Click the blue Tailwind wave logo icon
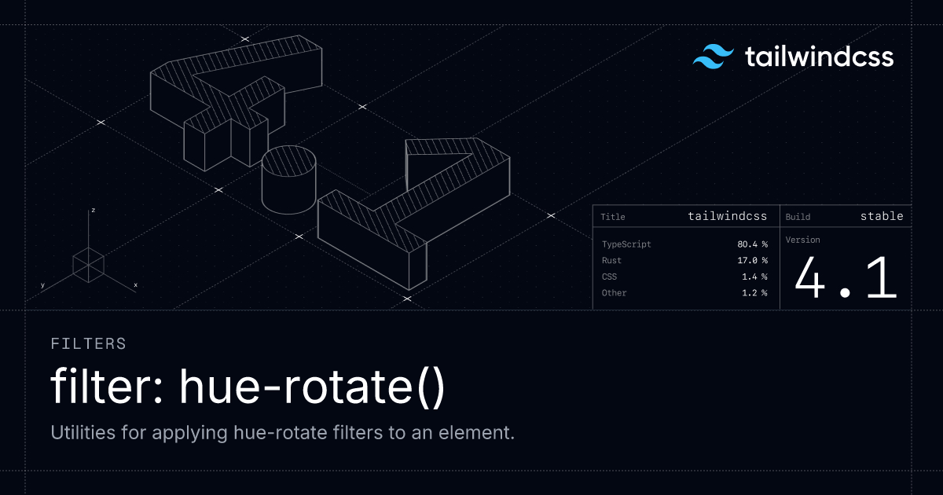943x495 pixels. coord(714,57)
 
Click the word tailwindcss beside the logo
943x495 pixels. coord(819,57)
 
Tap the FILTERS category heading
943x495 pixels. coord(88,344)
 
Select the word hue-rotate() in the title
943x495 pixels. coord(312,387)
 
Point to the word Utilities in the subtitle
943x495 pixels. coord(83,432)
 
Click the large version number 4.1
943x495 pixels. coord(846,279)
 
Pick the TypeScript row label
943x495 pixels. coord(626,244)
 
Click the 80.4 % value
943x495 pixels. coord(752,244)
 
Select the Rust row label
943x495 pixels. coord(611,260)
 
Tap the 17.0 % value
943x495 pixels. coord(752,260)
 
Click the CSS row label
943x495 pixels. coord(609,277)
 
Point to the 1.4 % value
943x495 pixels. coord(754,277)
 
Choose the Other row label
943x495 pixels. coord(615,293)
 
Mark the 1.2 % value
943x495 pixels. coord(754,293)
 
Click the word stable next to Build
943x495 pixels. coord(882,216)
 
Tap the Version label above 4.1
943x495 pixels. coord(803,240)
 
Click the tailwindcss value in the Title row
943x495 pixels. coord(728,216)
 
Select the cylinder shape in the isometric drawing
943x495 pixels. coord(289,180)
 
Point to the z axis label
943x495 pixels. coord(93,210)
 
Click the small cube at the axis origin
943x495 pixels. coord(88,266)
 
